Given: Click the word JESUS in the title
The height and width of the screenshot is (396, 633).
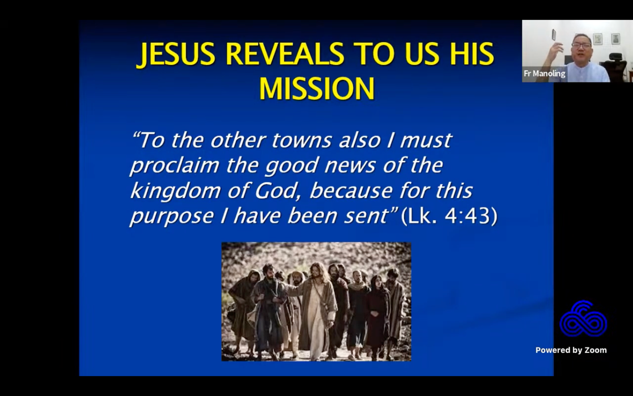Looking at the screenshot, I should [176, 55].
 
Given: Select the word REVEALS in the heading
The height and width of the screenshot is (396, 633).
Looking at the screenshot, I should [284, 55].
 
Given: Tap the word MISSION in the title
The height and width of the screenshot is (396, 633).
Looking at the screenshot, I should [316, 89].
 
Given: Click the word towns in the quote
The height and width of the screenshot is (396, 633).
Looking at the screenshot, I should [301, 140].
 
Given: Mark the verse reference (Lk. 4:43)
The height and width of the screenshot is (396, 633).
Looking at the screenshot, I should [449, 216].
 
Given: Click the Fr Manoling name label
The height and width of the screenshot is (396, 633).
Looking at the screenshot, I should [544, 74].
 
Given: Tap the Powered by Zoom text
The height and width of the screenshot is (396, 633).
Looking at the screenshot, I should [571, 350].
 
